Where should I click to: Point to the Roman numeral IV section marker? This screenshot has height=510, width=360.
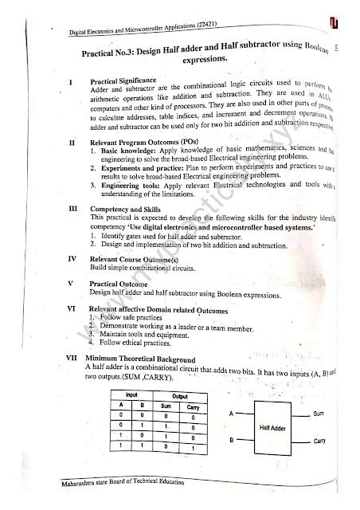(71, 259)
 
